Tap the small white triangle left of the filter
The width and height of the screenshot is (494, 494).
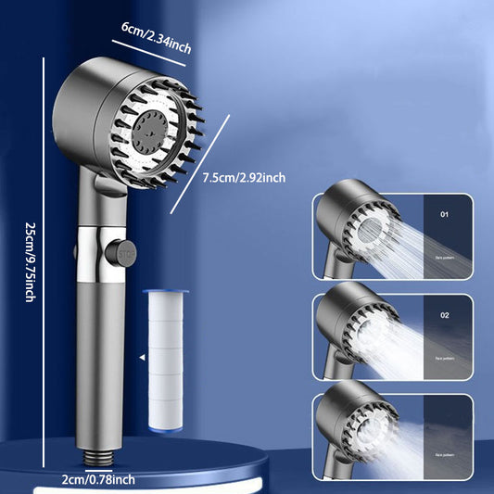[x=141, y=355]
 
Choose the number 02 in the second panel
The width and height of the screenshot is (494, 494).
[x=444, y=315]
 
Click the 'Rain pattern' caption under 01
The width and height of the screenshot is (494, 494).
[x=445, y=257]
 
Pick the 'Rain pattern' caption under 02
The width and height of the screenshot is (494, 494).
[x=445, y=357]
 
